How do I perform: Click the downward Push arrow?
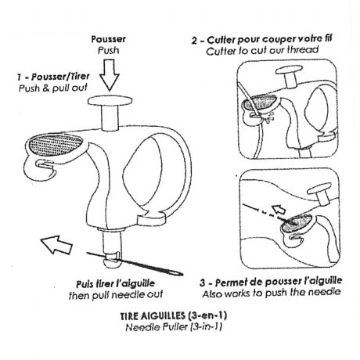coord(110,75)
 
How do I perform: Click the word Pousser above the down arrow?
coord(108,39)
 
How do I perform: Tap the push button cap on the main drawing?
coord(110,101)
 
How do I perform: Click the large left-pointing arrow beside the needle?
coord(56,244)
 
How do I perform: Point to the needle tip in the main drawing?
coord(182,274)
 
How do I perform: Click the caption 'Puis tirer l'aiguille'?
coord(116,283)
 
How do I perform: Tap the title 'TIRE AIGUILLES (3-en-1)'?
coord(174,315)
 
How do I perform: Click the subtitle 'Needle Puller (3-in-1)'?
coord(174,327)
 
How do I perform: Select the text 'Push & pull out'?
coord(53,88)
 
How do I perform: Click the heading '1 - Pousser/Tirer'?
coord(53,77)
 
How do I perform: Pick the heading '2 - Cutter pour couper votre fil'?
coord(261,40)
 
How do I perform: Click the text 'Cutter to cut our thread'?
coord(262,50)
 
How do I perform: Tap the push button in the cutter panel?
coord(290,75)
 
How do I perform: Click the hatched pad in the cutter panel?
coord(260,102)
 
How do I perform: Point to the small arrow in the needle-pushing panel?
coord(279,209)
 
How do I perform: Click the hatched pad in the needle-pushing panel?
coord(297,223)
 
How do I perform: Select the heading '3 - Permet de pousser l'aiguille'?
coord(271,282)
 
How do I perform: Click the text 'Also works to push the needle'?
coord(272,293)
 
